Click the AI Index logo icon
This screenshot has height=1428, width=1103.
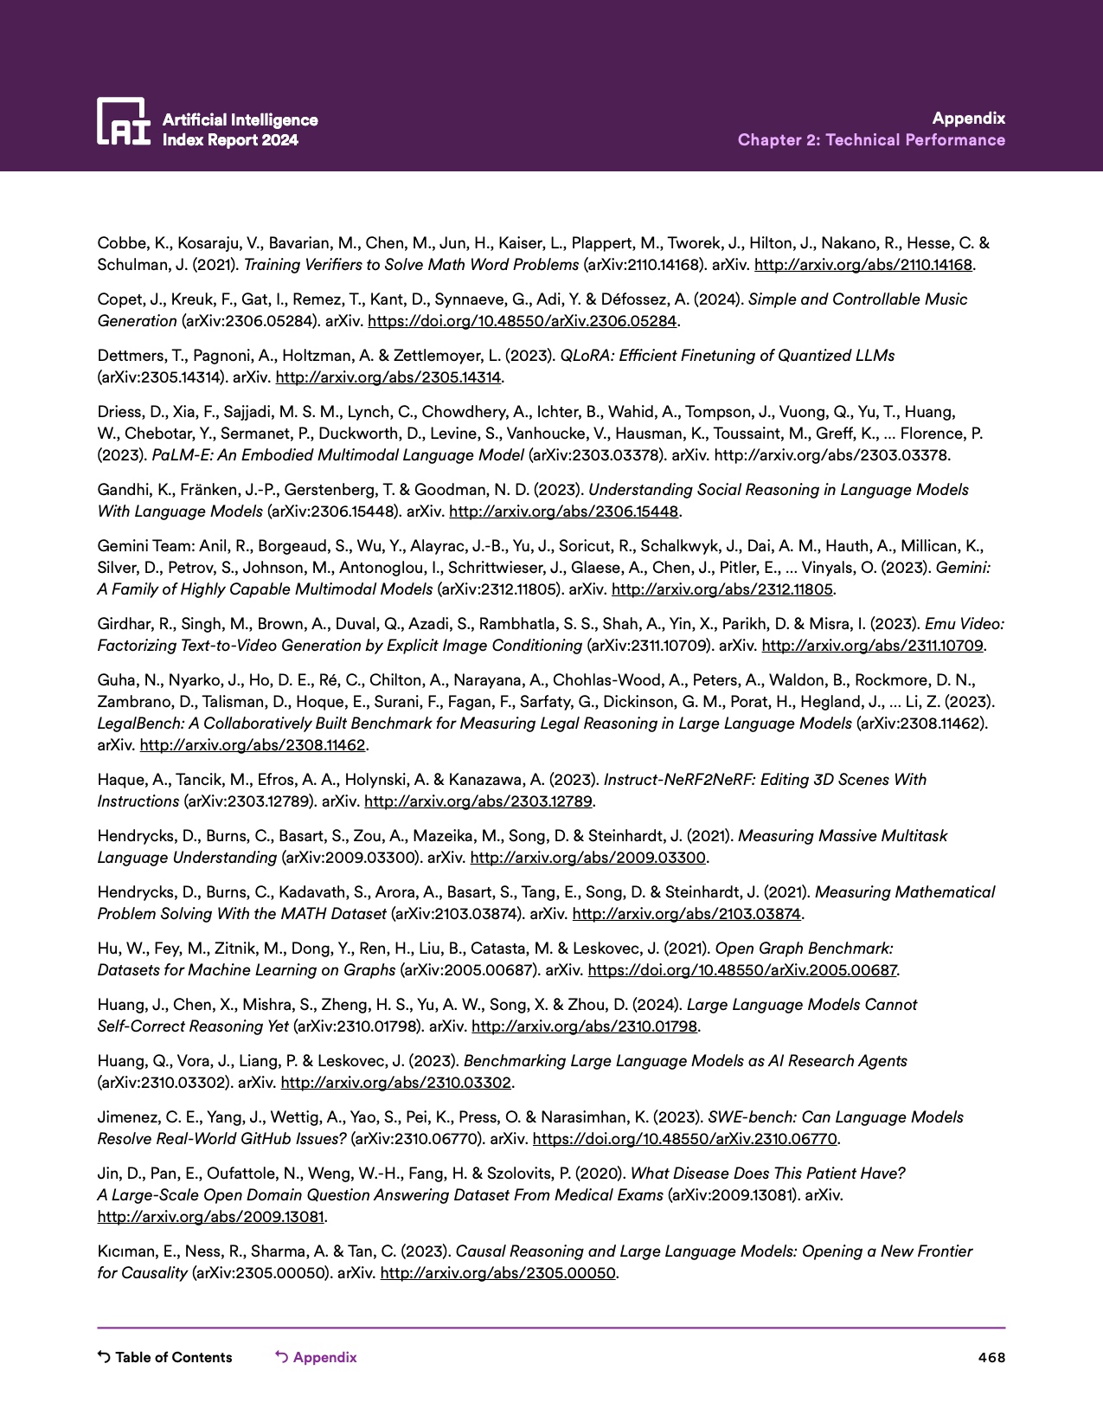pos(124,120)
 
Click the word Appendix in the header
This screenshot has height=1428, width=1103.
pos(968,119)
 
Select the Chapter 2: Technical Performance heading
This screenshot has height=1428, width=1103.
pos(871,140)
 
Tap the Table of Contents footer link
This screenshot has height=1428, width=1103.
pos(165,1357)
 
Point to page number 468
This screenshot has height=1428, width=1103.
pos(991,1357)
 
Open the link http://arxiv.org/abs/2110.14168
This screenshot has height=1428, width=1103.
pos(863,265)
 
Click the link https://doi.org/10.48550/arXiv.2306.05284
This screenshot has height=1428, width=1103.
pos(522,321)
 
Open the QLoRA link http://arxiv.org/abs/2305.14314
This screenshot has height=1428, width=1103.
pos(388,377)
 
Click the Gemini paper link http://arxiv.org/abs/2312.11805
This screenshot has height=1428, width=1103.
pos(721,589)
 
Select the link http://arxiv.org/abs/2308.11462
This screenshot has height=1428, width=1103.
pos(253,745)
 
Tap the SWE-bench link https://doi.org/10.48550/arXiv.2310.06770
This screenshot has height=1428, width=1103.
pos(684,1139)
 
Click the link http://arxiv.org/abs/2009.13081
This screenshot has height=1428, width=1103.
pos(211,1217)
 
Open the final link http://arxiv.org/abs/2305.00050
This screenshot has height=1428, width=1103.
pos(497,1273)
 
